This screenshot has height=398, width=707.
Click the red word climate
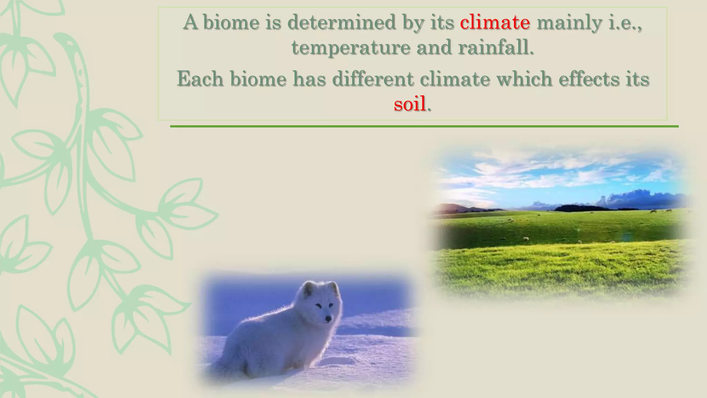point(495,22)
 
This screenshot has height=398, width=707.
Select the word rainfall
point(496,47)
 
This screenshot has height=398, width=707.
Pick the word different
point(373,79)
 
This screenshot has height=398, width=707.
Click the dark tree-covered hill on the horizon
point(580,208)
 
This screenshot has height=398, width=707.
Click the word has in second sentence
point(309,79)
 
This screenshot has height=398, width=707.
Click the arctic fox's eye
point(318,305)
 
